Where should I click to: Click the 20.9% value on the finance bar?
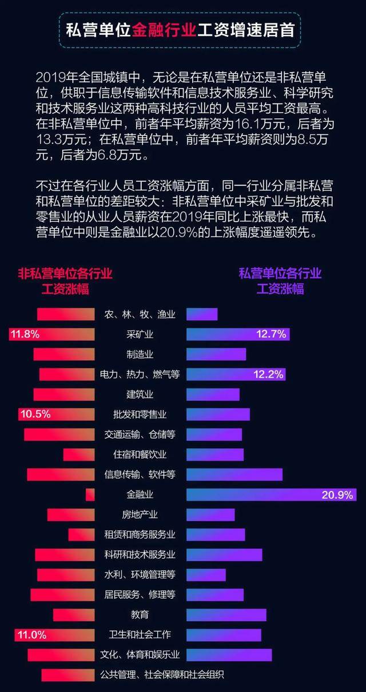click(x=337, y=495)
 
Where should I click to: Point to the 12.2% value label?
click(x=269, y=375)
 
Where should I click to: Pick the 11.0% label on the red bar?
click(x=31, y=634)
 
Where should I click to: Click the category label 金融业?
click(x=140, y=495)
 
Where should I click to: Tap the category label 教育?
click(x=140, y=615)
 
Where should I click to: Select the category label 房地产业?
click(x=140, y=515)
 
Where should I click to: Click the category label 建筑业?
click(x=140, y=394)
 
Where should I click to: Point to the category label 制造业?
click(x=140, y=354)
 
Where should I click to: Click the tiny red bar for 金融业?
click(x=90, y=495)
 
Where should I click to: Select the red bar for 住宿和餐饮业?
click(x=79, y=455)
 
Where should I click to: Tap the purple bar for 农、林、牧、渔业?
click(x=202, y=314)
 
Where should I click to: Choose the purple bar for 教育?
click(x=226, y=615)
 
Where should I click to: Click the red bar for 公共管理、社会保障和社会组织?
click(x=68, y=675)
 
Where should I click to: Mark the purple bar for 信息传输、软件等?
click(x=234, y=474)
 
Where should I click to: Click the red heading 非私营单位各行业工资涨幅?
click(x=65, y=281)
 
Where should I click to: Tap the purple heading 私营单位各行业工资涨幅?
click(x=280, y=281)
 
